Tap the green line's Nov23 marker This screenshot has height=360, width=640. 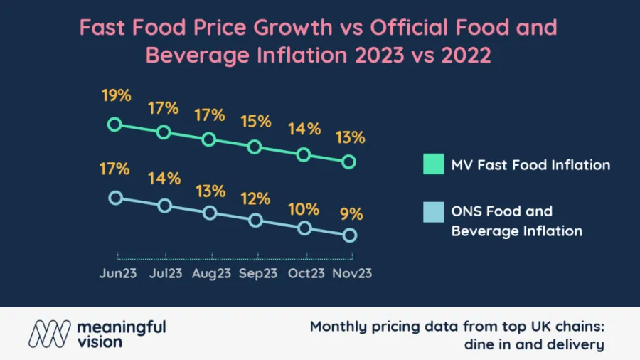coord(348,162)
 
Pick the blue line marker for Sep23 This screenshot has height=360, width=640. coord(255,221)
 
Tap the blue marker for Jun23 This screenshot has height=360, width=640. coord(115,198)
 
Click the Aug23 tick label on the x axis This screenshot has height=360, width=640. coord(211,273)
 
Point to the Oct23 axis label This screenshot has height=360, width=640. coord(306,273)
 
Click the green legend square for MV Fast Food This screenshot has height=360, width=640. coord(432,164)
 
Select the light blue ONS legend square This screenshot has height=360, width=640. coord(432,211)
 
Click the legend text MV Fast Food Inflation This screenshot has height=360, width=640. coord(530,165)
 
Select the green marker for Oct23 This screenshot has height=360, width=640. coord(304,154)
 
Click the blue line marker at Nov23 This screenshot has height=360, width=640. coord(349,235)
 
